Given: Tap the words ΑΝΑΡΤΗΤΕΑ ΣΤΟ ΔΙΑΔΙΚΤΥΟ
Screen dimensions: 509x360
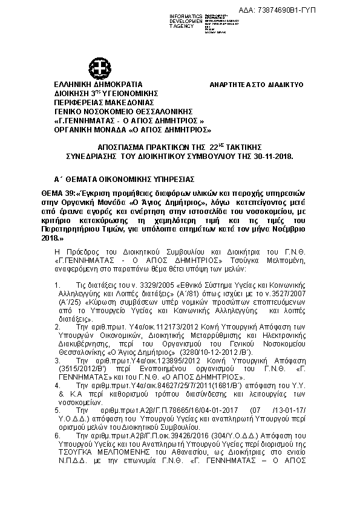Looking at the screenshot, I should pos(257,85).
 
